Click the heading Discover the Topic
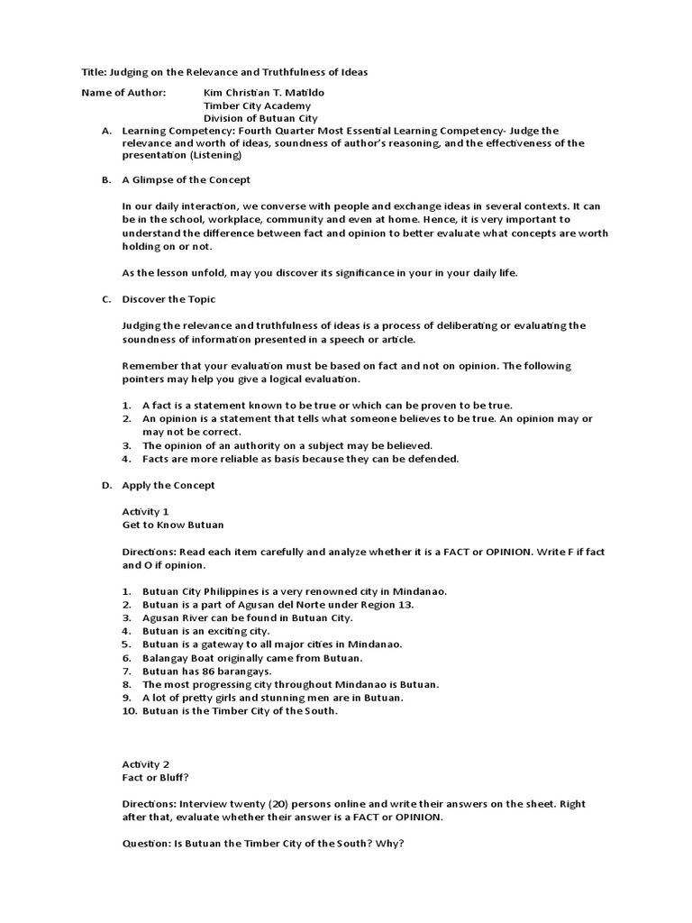pos(168,299)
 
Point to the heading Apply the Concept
pos(168,485)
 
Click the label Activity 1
pos(145,511)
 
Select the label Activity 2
pos(145,763)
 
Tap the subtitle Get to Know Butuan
pos(173,524)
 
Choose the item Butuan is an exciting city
pos(205,631)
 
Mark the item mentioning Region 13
pos(278,605)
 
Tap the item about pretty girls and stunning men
pos(273,698)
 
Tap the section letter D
pos(106,485)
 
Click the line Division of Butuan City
pos(260,118)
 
